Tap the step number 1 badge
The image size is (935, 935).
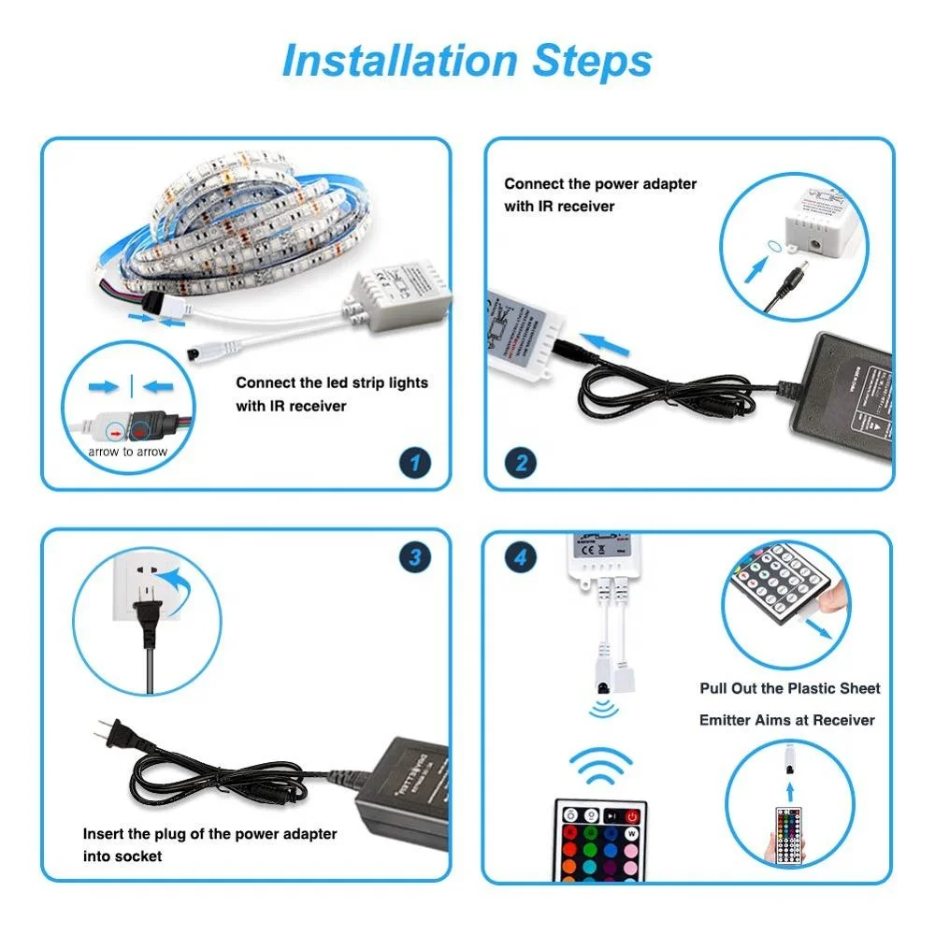(x=415, y=461)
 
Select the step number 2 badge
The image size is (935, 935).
(x=522, y=461)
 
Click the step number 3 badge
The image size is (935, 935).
(x=415, y=558)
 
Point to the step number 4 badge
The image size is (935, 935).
(x=521, y=558)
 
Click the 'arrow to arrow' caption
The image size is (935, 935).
(x=128, y=452)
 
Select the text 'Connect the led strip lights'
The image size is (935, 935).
(x=332, y=382)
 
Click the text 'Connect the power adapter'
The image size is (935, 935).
(x=600, y=184)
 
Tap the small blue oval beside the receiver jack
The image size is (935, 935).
(x=773, y=243)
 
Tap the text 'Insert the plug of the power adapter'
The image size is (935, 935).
(x=210, y=833)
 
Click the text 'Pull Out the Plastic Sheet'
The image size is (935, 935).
(x=790, y=688)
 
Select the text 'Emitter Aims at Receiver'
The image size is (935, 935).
(x=787, y=720)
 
